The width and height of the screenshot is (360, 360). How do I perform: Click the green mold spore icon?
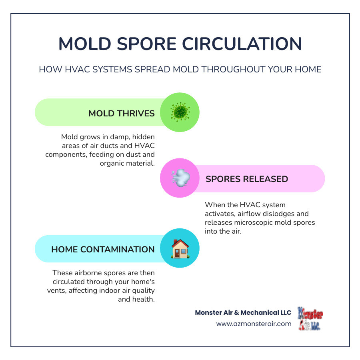coord(180,112)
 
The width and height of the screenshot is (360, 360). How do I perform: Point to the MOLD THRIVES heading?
coord(122,113)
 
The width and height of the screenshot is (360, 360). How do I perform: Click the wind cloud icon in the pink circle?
coord(180,178)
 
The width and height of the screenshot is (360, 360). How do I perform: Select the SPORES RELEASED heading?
coord(247,179)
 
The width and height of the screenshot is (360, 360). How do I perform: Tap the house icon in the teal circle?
coord(180,249)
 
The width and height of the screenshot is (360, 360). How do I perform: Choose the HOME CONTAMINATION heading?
coord(103,249)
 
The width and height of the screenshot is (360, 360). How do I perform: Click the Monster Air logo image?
coord(310,319)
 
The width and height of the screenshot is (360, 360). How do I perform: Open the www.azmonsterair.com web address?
coord(254,324)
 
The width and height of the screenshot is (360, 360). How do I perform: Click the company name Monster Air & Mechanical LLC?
coord(243,312)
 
